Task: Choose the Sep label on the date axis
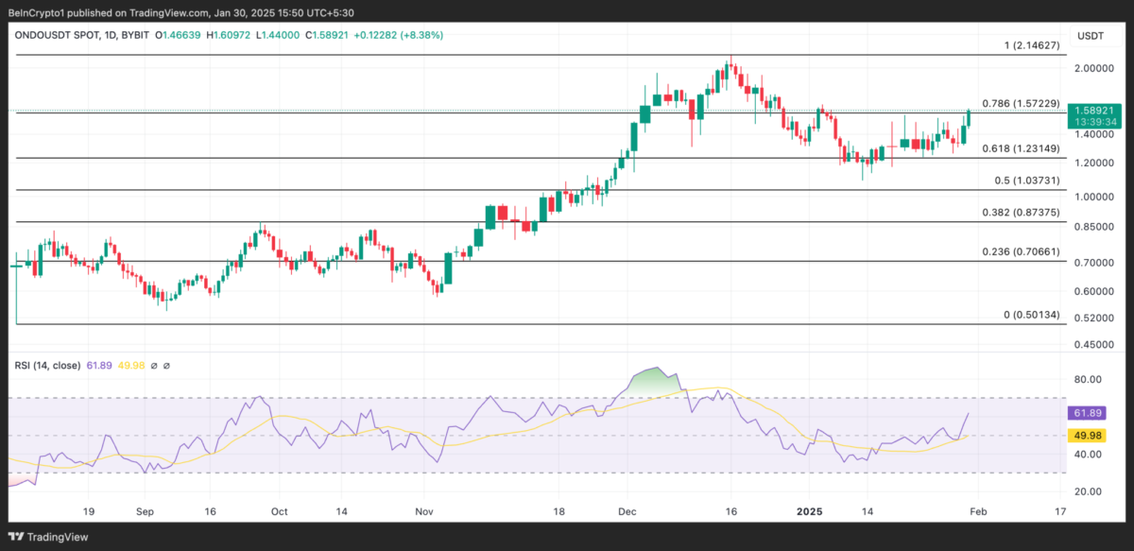145,510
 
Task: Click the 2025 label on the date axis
809,510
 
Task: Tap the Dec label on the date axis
627,510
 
